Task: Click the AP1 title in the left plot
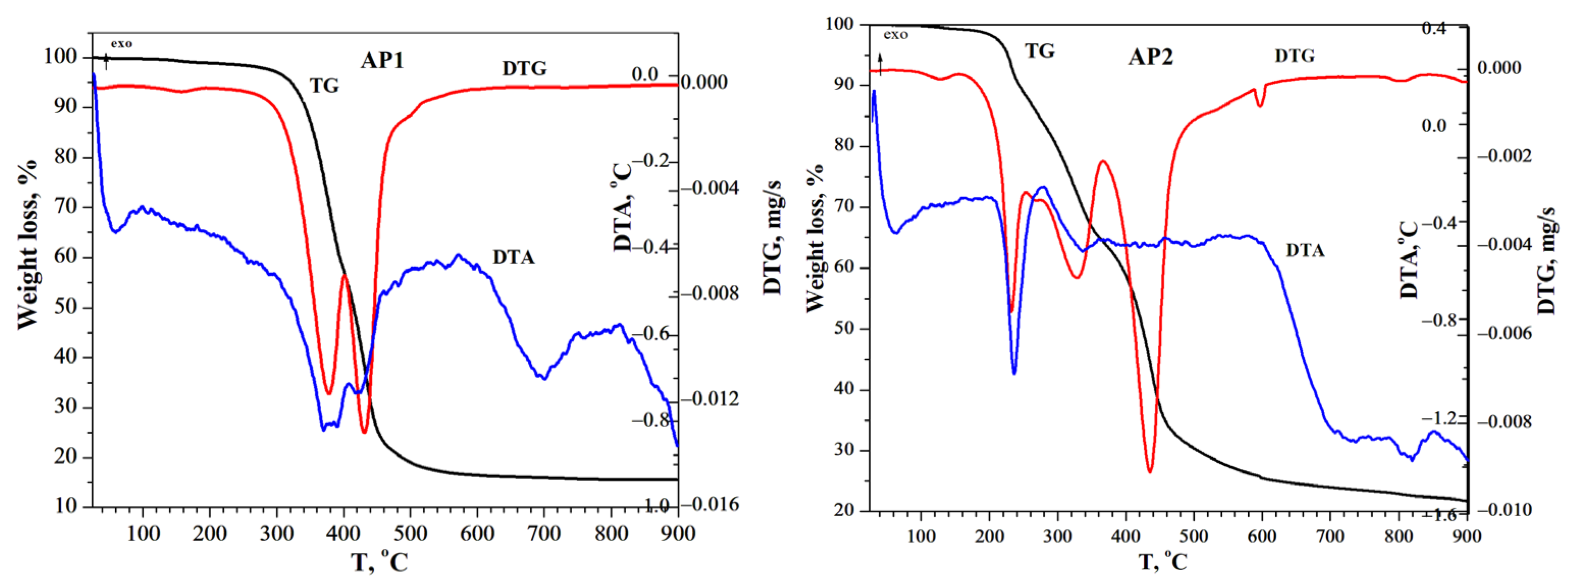pos(382,60)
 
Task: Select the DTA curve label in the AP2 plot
pos(1305,250)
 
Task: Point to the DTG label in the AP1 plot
pos(524,69)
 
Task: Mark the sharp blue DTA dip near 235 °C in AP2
pos(1014,373)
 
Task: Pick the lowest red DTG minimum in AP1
pos(365,433)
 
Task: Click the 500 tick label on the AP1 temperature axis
pos(409,534)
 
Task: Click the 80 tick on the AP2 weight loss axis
pos(842,146)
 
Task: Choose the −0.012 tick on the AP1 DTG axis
pos(709,399)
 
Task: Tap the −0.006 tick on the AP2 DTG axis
pos(1504,333)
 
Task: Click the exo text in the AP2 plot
pos(895,35)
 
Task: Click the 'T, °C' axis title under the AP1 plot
pos(380,561)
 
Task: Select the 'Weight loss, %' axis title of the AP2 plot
pos(814,237)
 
